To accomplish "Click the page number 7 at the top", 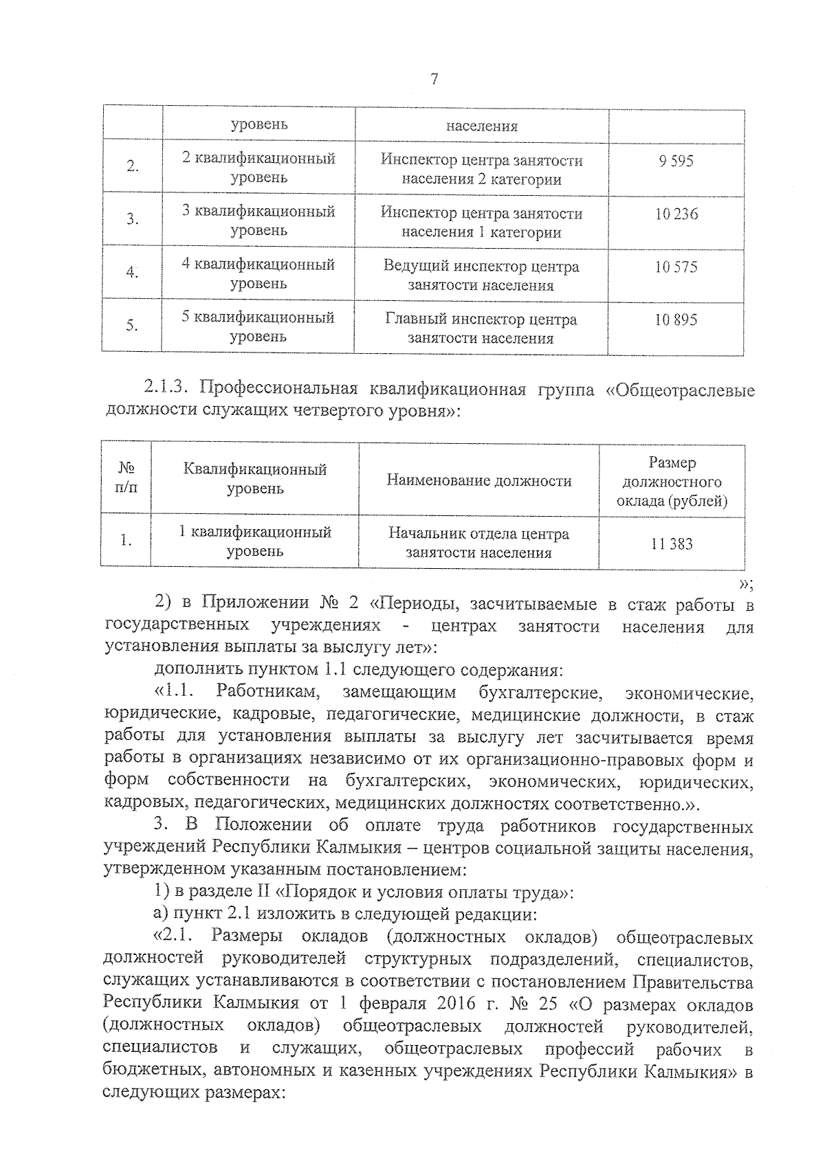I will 433,79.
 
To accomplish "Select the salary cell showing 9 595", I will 676,161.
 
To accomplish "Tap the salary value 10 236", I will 676,214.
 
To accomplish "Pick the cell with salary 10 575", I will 676,267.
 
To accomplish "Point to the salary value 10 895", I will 676,320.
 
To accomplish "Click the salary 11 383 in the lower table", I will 672,544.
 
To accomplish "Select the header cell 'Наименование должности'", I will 478,481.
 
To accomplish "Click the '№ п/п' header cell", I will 126,479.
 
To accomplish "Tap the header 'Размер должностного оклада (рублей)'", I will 672,482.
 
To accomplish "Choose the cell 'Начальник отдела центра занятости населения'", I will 478,543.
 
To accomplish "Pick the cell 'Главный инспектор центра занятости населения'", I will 481,328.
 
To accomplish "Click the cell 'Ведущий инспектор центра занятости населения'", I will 481,276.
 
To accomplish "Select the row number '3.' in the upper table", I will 133,220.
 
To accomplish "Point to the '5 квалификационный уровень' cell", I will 258,327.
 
